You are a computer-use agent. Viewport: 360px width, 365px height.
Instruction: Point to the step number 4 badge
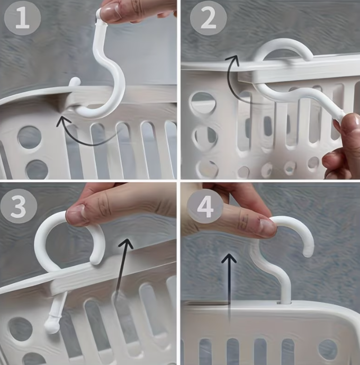point(205,206)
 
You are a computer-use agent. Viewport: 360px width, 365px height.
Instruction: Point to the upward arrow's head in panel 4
point(229,258)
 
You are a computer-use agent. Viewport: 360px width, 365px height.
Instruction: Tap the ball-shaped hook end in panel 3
point(52,325)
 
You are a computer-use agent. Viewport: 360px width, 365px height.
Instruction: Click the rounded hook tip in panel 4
point(309,252)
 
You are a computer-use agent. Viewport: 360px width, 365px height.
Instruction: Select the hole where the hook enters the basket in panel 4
point(284,303)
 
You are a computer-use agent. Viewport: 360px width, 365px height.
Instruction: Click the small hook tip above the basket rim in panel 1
point(75,82)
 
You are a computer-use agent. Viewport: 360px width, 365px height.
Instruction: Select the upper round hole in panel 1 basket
point(30,137)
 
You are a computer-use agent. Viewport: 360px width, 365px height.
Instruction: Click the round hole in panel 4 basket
point(328,349)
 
